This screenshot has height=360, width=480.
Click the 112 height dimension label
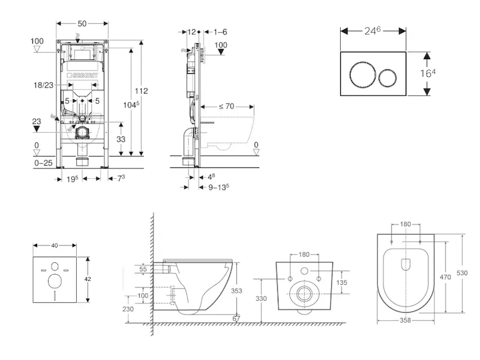[141, 91]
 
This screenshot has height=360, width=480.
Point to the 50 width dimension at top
[83, 23]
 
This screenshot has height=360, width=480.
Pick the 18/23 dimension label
[44, 86]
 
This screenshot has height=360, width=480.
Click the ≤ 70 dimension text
[226, 106]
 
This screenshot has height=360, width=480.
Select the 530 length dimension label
[463, 273]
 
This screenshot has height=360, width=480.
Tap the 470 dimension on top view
[445, 277]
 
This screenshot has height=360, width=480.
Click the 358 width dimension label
[406, 320]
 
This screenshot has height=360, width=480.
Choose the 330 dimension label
[260, 298]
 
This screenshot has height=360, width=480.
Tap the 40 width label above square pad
[55, 246]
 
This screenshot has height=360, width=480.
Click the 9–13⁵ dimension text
[218, 186]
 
